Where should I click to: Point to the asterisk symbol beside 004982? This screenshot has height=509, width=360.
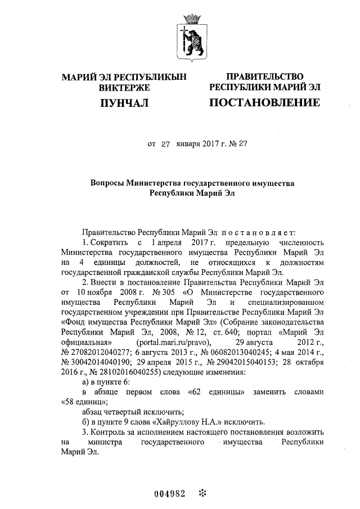click(x=202, y=494)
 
